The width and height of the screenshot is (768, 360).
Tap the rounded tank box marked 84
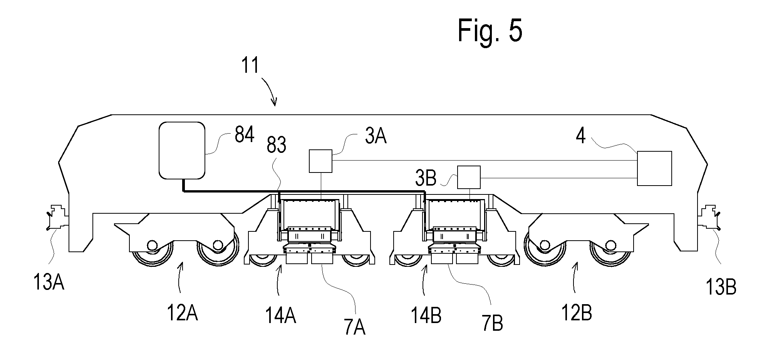click(182, 151)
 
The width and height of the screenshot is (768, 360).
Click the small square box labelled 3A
click(320, 161)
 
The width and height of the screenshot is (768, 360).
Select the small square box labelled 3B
click(469, 177)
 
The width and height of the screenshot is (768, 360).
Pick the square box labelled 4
click(654, 168)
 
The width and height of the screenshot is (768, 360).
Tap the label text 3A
click(375, 136)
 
